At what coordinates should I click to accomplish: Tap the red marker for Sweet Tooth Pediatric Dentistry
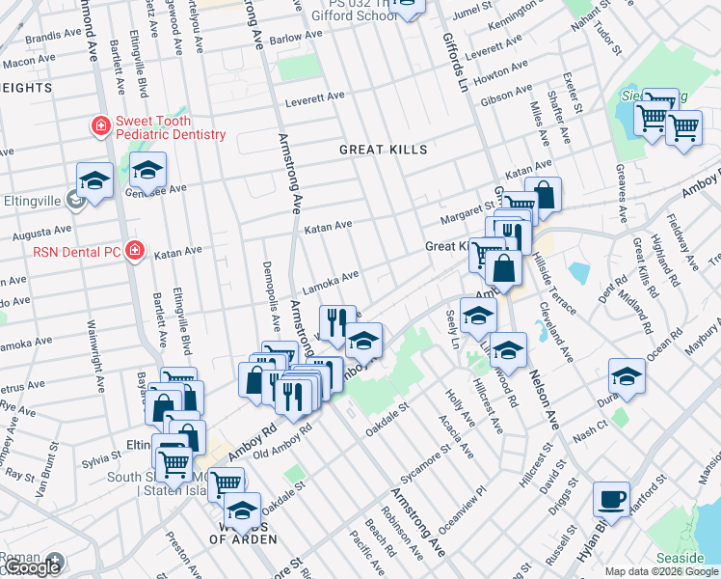100,126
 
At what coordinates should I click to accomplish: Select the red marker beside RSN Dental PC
135,251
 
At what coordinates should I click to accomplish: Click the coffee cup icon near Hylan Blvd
610,499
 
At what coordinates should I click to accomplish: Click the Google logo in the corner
31,567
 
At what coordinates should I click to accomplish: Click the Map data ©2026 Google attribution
661,571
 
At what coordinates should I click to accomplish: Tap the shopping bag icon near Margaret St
544,195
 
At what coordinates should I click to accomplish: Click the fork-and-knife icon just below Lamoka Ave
336,321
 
